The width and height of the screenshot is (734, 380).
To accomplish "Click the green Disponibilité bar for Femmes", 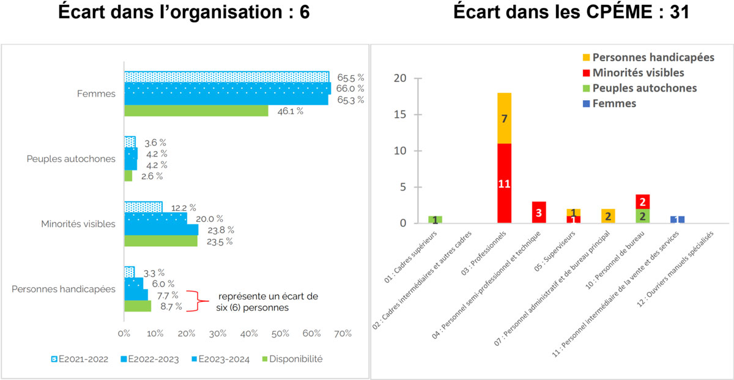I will point(196,111).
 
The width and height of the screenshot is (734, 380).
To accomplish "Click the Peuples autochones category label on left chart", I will point(71,159).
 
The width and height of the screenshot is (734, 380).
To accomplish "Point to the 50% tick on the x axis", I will point(280,334).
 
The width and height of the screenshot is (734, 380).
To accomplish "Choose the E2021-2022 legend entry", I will point(77,359).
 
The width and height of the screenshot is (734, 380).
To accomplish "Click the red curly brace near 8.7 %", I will point(195,301).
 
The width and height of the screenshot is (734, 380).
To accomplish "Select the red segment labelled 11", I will point(504,183).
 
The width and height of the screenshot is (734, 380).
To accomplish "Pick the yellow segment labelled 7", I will point(504,118).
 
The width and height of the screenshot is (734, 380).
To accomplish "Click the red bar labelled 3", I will point(539,213).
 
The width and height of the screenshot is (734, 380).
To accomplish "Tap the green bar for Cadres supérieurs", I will point(435,220).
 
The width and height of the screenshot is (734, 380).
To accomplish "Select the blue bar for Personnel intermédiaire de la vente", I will point(677,220).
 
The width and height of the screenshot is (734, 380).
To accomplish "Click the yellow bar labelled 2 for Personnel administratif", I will point(609,216).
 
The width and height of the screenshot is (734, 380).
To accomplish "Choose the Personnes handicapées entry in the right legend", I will point(648,57).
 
